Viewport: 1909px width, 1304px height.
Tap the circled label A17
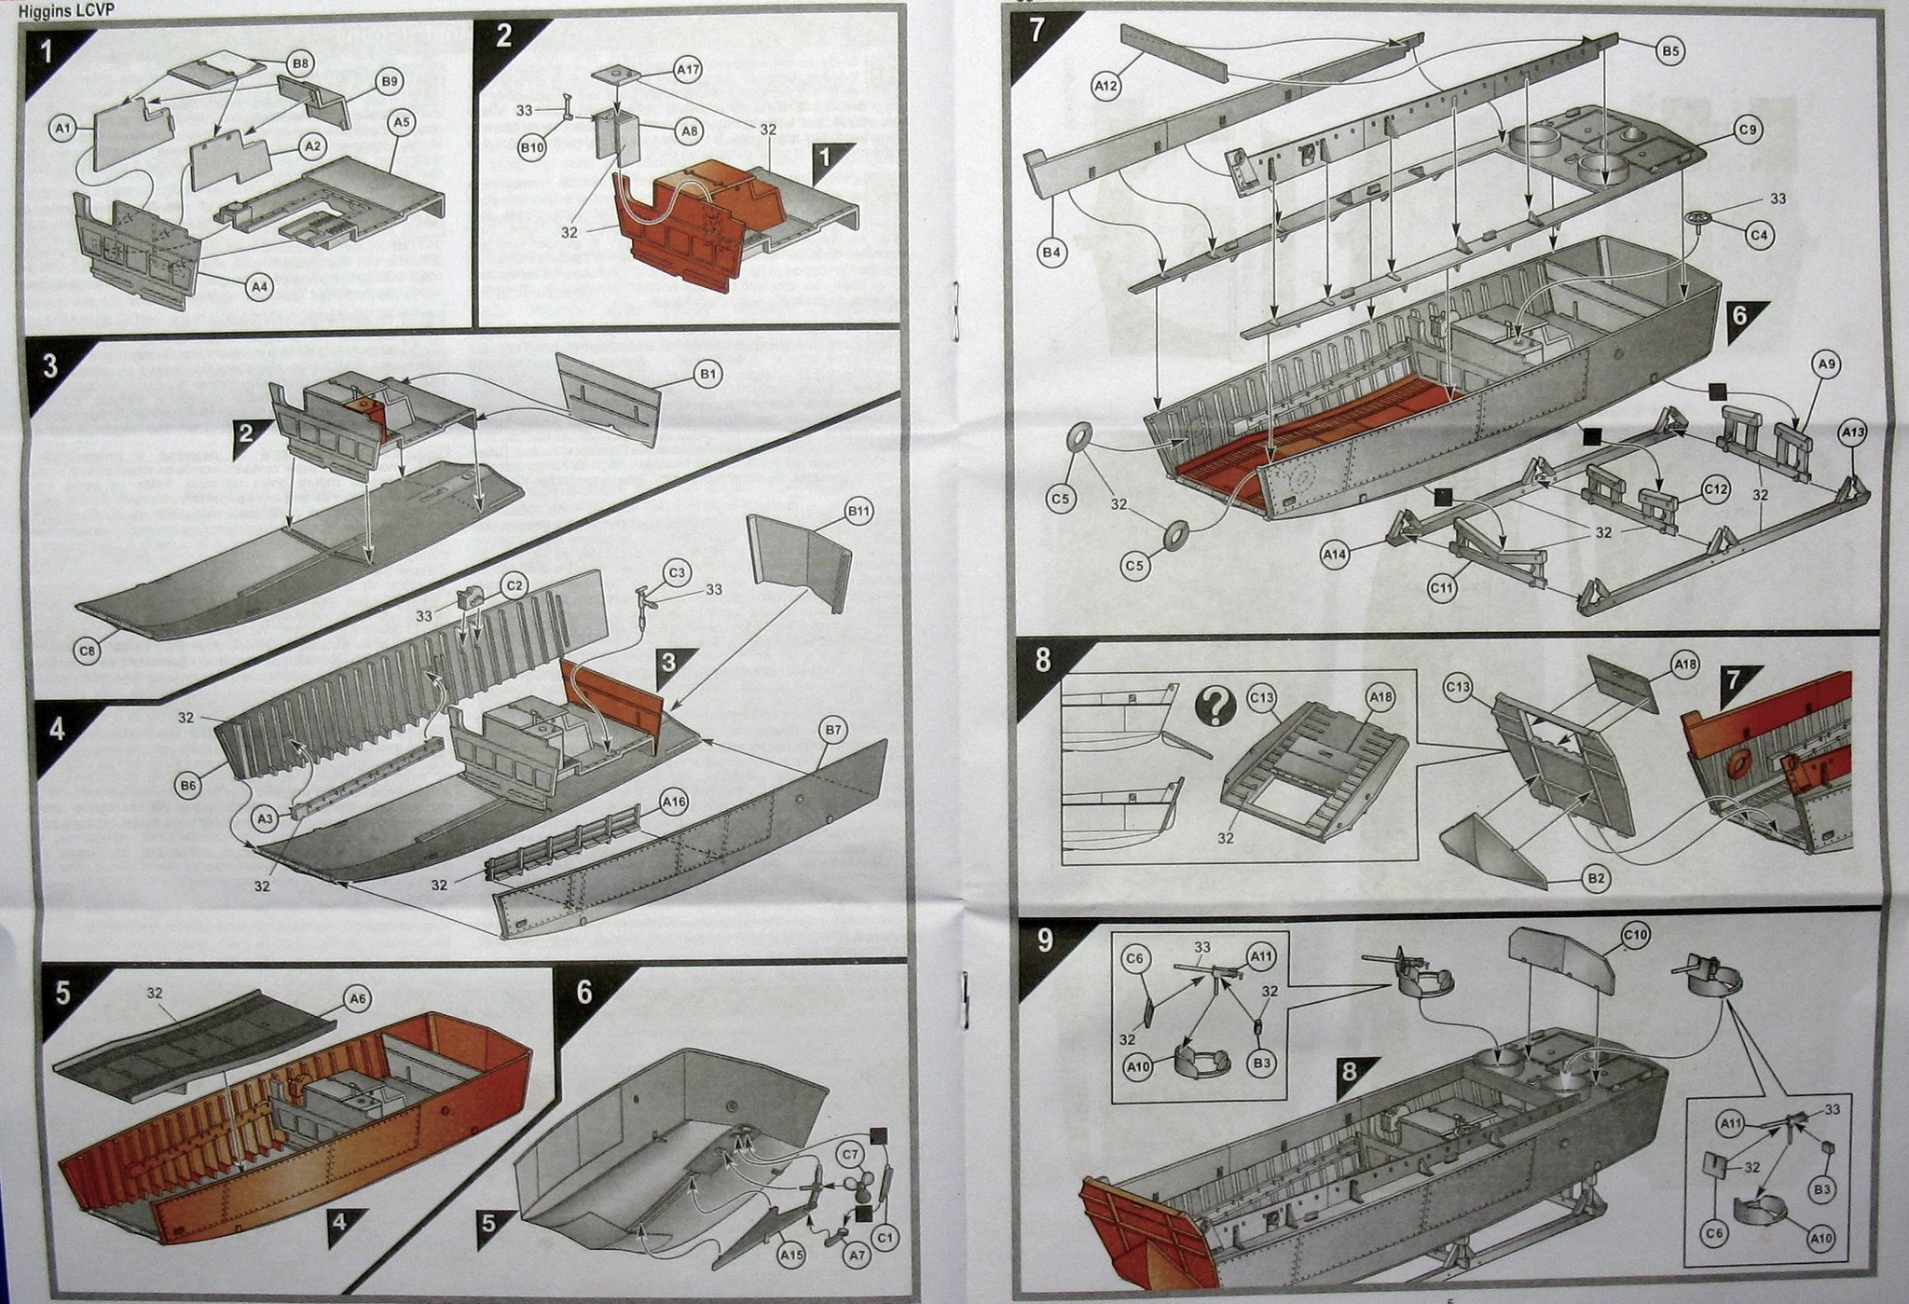tap(689, 69)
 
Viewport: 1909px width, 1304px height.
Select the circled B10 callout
tap(532, 147)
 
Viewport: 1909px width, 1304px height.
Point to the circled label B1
tap(707, 374)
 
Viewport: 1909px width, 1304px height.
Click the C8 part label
tap(88, 650)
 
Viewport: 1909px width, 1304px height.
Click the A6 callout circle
tap(358, 999)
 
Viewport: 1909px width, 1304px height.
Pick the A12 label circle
tap(1106, 86)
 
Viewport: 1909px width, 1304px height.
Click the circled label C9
tap(1748, 130)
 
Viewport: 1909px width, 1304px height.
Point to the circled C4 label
tap(1759, 236)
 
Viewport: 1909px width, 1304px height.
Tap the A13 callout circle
tap(1853, 432)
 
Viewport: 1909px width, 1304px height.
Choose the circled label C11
tap(1441, 588)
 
